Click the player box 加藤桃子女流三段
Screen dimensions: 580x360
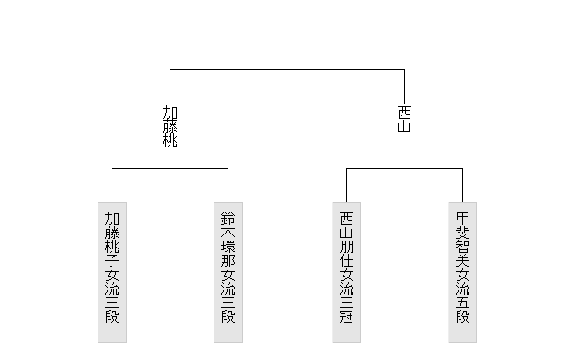coord(112,272)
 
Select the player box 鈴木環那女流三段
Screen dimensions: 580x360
coord(228,272)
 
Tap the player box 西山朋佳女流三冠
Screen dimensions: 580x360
coord(346,272)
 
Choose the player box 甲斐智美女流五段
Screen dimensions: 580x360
coord(463,272)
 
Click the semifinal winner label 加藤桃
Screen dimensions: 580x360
coord(170,126)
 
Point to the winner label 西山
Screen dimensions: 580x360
coord(404,119)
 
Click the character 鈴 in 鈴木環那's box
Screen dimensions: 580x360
coord(228,219)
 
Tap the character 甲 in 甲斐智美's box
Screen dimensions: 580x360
coord(463,219)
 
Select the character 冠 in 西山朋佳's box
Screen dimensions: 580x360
coord(346,316)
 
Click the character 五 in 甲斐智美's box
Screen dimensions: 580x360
coord(463,302)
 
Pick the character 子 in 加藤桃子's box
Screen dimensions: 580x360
coord(112,261)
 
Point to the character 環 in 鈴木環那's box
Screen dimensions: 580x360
coord(228,247)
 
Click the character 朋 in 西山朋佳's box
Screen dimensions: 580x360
coord(346,247)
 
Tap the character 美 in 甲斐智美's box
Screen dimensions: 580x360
coord(463,261)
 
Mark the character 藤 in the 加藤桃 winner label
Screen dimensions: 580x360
coord(170,126)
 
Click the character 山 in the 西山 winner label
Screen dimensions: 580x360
coord(404,126)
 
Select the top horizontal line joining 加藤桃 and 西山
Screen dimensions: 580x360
coord(287,69)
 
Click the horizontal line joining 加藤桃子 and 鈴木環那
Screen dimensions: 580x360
coord(170,169)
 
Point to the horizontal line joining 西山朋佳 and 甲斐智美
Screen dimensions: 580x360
coord(404,169)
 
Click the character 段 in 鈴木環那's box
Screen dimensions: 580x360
coord(228,316)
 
